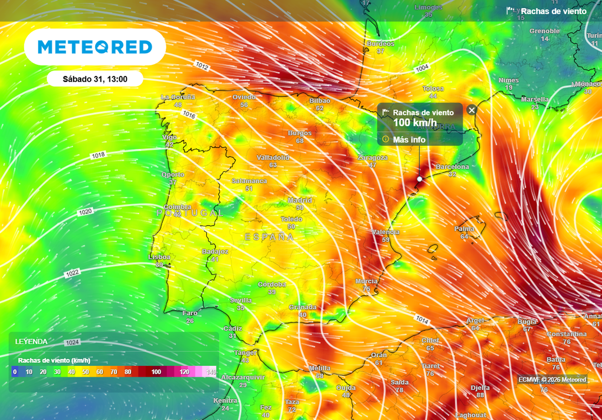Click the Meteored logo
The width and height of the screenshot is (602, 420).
pos(95,47)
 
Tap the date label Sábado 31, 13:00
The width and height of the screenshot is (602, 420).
pos(95,78)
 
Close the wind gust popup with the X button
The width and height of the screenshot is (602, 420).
pos(471,110)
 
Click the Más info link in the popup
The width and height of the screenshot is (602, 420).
pos(409,139)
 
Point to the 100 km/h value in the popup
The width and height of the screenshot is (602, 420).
pos(411,122)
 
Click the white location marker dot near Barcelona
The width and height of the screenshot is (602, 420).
pos(420,179)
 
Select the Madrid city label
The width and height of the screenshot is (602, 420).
pos(300,201)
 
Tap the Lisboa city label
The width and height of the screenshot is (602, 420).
pos(159,257)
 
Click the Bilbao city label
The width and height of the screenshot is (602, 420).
pos(320,101)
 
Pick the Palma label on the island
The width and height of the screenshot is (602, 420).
pos(464,229)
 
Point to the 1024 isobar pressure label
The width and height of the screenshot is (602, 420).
pos(72,342)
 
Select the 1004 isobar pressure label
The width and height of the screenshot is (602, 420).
pos(422,69)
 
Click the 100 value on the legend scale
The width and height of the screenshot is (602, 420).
pos(156,372)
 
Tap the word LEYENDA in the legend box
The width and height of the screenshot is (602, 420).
pos(31,341)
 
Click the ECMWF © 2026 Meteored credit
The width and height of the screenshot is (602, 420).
pos(552,379)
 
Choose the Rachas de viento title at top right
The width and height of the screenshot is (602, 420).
pos(553,11)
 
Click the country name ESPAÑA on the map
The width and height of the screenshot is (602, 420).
pos(269,236)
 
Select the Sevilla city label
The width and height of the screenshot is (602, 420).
pos(240,300)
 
